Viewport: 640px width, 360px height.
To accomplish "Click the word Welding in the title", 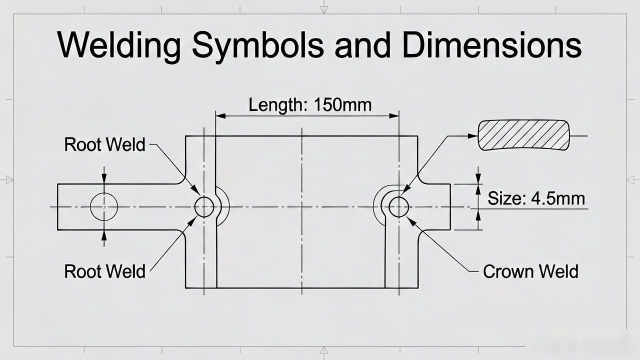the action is [119, 45].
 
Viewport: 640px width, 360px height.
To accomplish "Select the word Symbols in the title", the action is [258, 45].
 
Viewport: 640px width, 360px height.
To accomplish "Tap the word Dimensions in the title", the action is [491, 45].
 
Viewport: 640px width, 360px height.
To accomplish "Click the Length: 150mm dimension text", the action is [310, 104].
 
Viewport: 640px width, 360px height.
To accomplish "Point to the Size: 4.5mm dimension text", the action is [536, 198].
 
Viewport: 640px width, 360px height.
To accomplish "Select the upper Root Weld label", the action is [104, 144].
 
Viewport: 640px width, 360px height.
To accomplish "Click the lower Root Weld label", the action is [104, 271].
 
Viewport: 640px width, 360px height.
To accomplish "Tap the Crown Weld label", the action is [530, 271].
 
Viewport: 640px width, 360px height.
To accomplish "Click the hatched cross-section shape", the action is [523, 135].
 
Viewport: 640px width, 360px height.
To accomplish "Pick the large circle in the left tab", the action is [104, 193].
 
